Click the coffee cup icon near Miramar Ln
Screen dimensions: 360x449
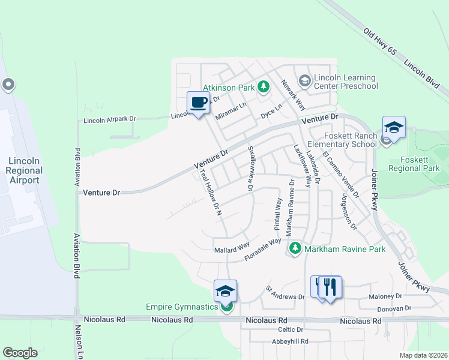(x=198, y=103)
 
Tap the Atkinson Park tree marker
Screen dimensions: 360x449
(x=263, y=88)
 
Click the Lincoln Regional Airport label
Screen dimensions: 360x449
(x=24, y=170)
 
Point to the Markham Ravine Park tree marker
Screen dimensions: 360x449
(x=295, y=248)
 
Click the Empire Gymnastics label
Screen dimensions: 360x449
(x=182, y=307)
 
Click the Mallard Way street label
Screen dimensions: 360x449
(x=232, y=247)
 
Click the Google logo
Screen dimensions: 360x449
(x=20, y=353)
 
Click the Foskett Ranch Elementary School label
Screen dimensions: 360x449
(x=342, y=140)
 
